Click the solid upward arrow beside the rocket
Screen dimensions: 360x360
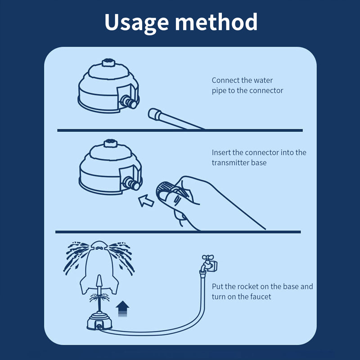pyautogui.click(x=122, y=310)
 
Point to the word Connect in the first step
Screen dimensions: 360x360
pyautogui.click(x=225, y=81)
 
